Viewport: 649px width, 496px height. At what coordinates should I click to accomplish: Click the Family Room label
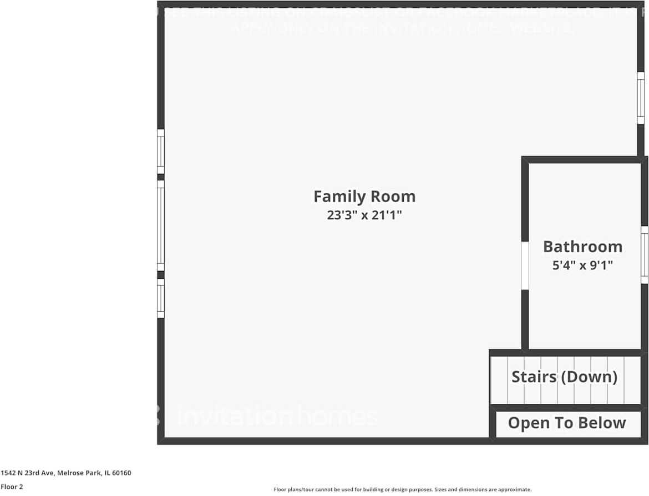click(364, 197)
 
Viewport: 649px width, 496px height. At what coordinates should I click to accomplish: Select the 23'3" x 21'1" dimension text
click(364, 216)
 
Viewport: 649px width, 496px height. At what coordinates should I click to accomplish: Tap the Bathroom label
click(582, 247)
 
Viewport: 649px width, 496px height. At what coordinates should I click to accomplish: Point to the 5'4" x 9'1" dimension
click(582, 265)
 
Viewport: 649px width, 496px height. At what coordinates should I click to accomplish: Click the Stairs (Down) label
click(564, 377)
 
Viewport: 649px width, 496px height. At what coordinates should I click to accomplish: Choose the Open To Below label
click(566, 423)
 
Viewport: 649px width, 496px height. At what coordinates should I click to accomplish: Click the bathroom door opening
click(525, 265)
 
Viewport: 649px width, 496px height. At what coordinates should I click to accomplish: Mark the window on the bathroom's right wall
click(644, 255)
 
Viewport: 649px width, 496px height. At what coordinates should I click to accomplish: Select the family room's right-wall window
click(641, 98)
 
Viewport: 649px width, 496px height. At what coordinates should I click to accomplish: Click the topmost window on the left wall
click(161, 151)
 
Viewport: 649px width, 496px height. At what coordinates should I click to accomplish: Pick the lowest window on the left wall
click(161, 298)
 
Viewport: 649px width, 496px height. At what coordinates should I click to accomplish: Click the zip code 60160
click(121, 473)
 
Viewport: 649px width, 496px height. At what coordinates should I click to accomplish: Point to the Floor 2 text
click(12, 487)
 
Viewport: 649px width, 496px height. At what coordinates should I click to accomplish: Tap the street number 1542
click(8, 473)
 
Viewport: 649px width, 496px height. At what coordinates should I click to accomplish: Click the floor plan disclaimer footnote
click(402, 489)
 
